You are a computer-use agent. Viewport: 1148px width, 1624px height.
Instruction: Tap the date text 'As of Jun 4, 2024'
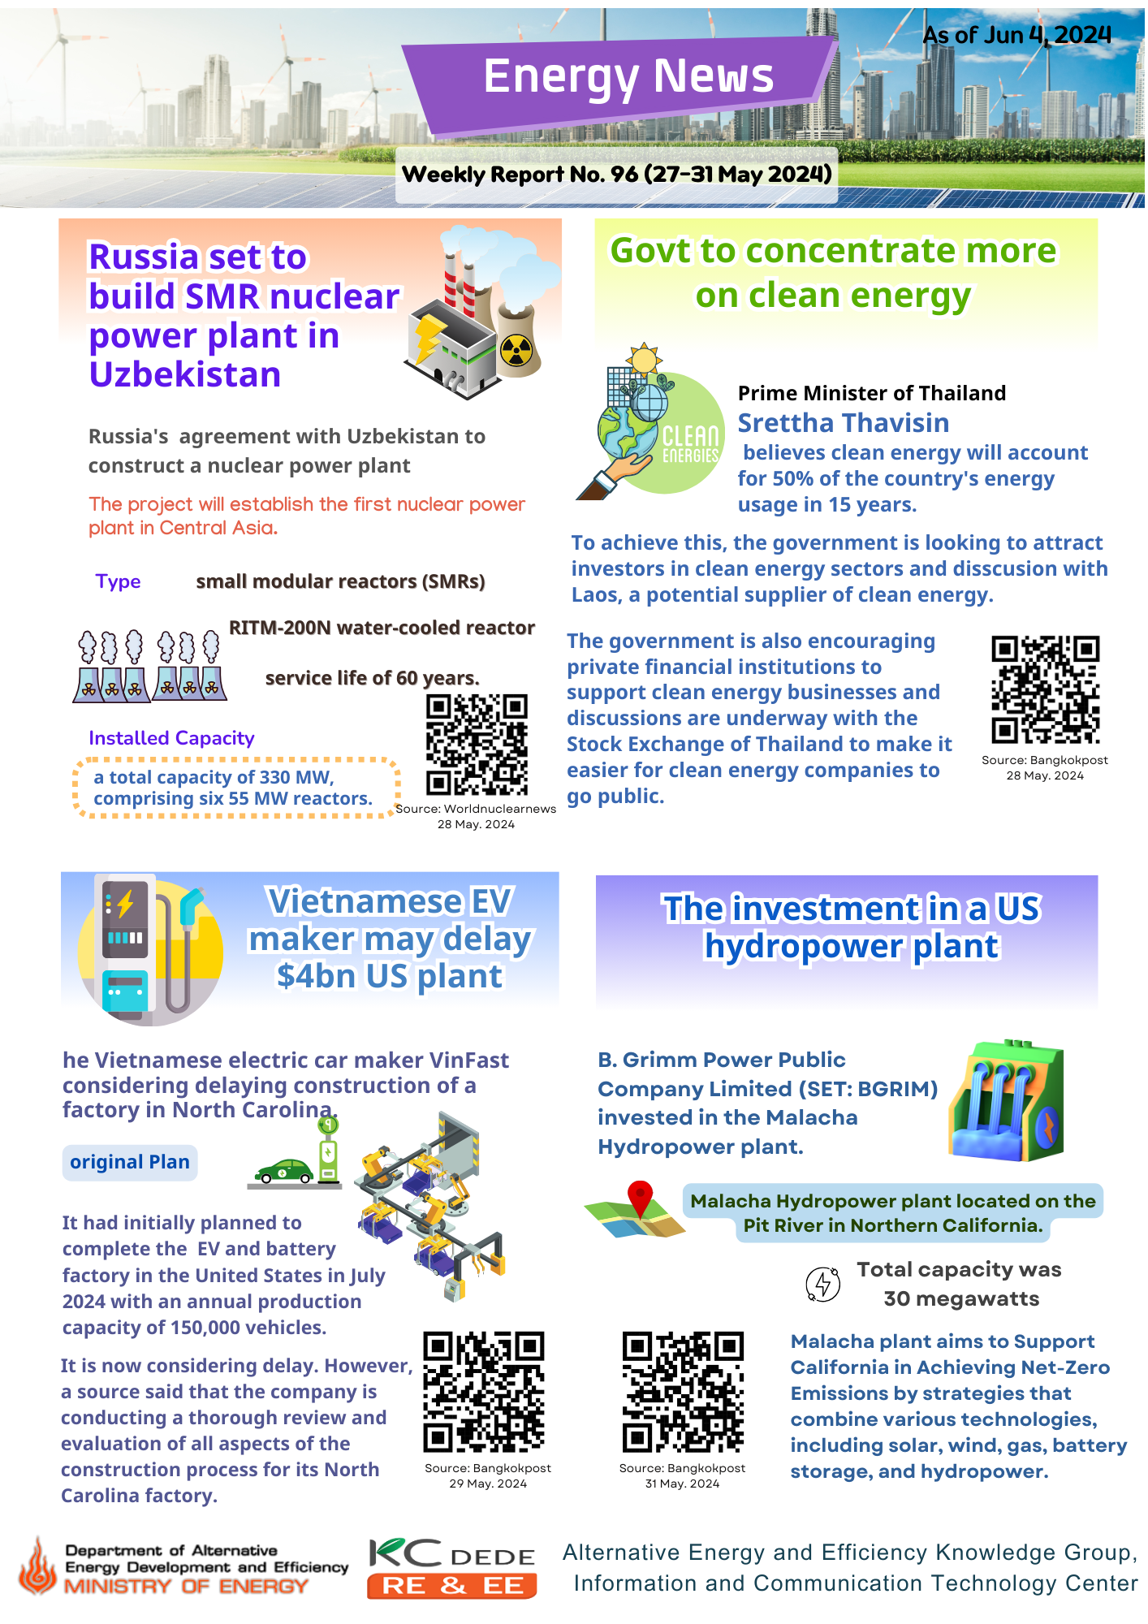(1016, 35)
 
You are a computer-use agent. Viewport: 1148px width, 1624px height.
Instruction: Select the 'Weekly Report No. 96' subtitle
(616, 174)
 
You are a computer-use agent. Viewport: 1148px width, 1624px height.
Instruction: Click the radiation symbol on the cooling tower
(516, 351)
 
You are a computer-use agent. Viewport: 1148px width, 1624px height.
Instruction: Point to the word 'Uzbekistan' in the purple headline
(185, 375)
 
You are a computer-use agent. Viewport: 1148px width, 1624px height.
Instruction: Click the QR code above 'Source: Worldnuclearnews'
(477, 745)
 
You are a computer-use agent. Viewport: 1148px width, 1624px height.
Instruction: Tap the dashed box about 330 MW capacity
(235, 788)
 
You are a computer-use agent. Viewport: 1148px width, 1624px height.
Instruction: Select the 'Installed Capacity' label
(171, 738)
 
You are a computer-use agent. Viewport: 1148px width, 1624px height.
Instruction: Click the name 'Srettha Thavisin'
(843, 423)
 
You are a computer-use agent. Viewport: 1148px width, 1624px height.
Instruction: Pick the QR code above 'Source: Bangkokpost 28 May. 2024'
(1045, 689)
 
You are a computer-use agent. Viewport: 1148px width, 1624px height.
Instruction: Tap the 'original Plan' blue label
(130, 1162)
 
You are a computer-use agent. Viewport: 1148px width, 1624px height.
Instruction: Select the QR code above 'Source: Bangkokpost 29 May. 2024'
(484, 1392)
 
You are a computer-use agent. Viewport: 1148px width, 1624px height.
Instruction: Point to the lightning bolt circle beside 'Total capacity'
(822, 1285)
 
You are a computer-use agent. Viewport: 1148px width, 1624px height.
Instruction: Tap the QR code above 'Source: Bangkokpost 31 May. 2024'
(683, 1392)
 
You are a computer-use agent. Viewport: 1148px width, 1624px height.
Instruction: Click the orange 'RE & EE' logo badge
(451, 1586)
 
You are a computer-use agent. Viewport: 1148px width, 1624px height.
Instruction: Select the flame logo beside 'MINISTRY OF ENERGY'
(37, 1567)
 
